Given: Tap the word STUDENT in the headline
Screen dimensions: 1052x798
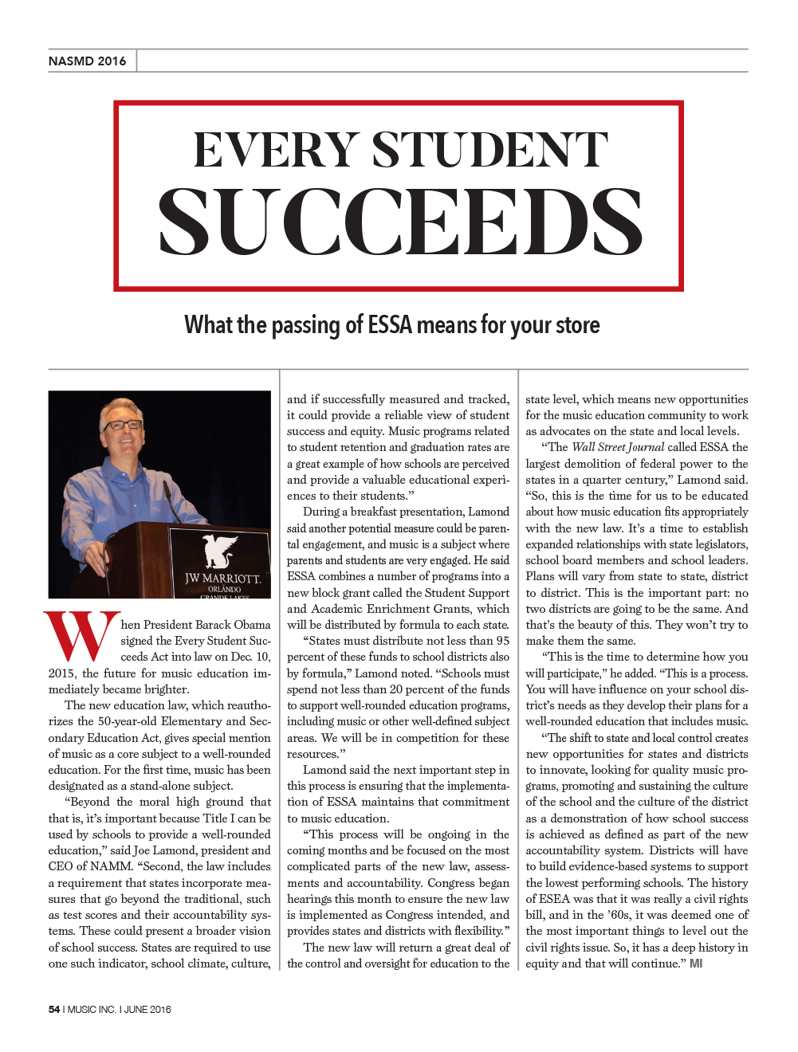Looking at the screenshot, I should pyautogui.click(x=490, y=151).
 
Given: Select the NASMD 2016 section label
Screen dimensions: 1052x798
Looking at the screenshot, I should pyautogui.click(x=87, y=61).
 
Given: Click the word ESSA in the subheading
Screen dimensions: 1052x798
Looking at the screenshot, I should pyautogui.click(x=390, y=325).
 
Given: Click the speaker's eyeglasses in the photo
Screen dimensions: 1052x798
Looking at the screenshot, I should pyautogui.click(x=122, y=425).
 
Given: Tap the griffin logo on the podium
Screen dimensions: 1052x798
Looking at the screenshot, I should pyautogui.click(x=220, y=551).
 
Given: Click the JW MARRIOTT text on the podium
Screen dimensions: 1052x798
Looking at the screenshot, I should pyautogui.click(x=222, y=578).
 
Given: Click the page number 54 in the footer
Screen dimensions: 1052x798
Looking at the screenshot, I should pyautogui.click(x=54, y=1009).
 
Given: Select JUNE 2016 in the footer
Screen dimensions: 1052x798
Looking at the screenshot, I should pyautogui.click(x=147, y=1009).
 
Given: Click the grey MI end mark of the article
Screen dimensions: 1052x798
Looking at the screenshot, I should pyautogui.click(x=696, y=964).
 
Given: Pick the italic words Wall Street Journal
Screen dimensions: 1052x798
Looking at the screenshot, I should pyautogui.click(x=618, y=447).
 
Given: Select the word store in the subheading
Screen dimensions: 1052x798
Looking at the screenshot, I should pyautogui.click(x=578, y=325).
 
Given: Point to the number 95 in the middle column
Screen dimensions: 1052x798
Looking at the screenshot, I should pyautogui.click(x=502, y=641).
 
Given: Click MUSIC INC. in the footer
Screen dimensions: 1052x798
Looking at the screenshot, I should pyautogui.click(x=92, y=1009).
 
